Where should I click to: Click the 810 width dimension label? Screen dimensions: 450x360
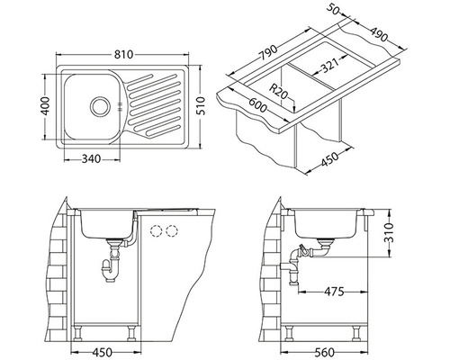coord(123,55)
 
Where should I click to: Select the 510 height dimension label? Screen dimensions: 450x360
coord(201,106)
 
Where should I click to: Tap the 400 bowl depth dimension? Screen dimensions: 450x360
coord(45,106)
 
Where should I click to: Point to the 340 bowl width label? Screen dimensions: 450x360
coord(92,158)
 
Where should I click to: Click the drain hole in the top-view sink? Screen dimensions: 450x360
coord(99,106)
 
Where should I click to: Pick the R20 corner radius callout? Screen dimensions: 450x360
coord(278,92)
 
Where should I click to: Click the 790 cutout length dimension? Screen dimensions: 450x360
coord(268,53)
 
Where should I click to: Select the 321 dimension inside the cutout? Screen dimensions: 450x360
coord(329,65)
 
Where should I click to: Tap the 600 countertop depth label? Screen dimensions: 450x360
coord(257,103)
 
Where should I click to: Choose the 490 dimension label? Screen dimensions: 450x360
coord(378,34)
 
